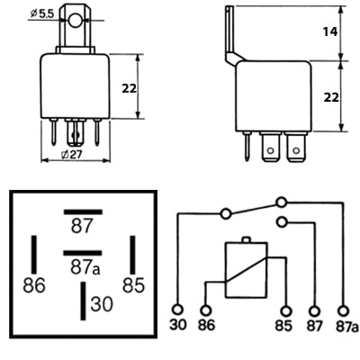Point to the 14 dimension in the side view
tap(329, 31)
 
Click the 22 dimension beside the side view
tap(329, 96)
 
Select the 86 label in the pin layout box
tap(33, 286)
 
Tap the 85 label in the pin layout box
tap(132, 286)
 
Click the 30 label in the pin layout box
tap(102, 304)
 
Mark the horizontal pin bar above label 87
tap(82, 211)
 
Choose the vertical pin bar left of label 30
tap(83, 298)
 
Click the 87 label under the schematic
tap(313, 325)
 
